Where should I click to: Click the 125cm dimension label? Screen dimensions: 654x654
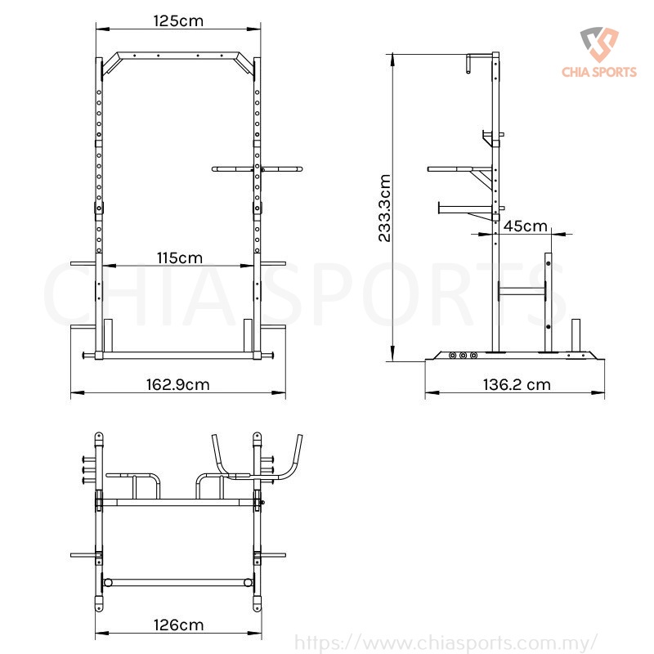tap(178, 21)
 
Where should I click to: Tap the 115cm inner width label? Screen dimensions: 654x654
tap(179, 258)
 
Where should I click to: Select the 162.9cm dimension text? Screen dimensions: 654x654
tap(177, 384)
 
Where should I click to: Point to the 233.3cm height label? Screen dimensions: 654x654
tap(384, 208)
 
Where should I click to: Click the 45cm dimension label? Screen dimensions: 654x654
tap(525, 226)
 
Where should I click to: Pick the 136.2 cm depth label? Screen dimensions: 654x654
tap(517, 384)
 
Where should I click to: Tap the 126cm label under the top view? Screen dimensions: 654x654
tap(178, 625)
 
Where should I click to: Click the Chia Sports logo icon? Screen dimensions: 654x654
tap(599, 44)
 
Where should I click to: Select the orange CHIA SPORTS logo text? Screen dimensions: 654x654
tap(599, 72)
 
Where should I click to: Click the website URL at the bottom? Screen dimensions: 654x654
tap(446, 643)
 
